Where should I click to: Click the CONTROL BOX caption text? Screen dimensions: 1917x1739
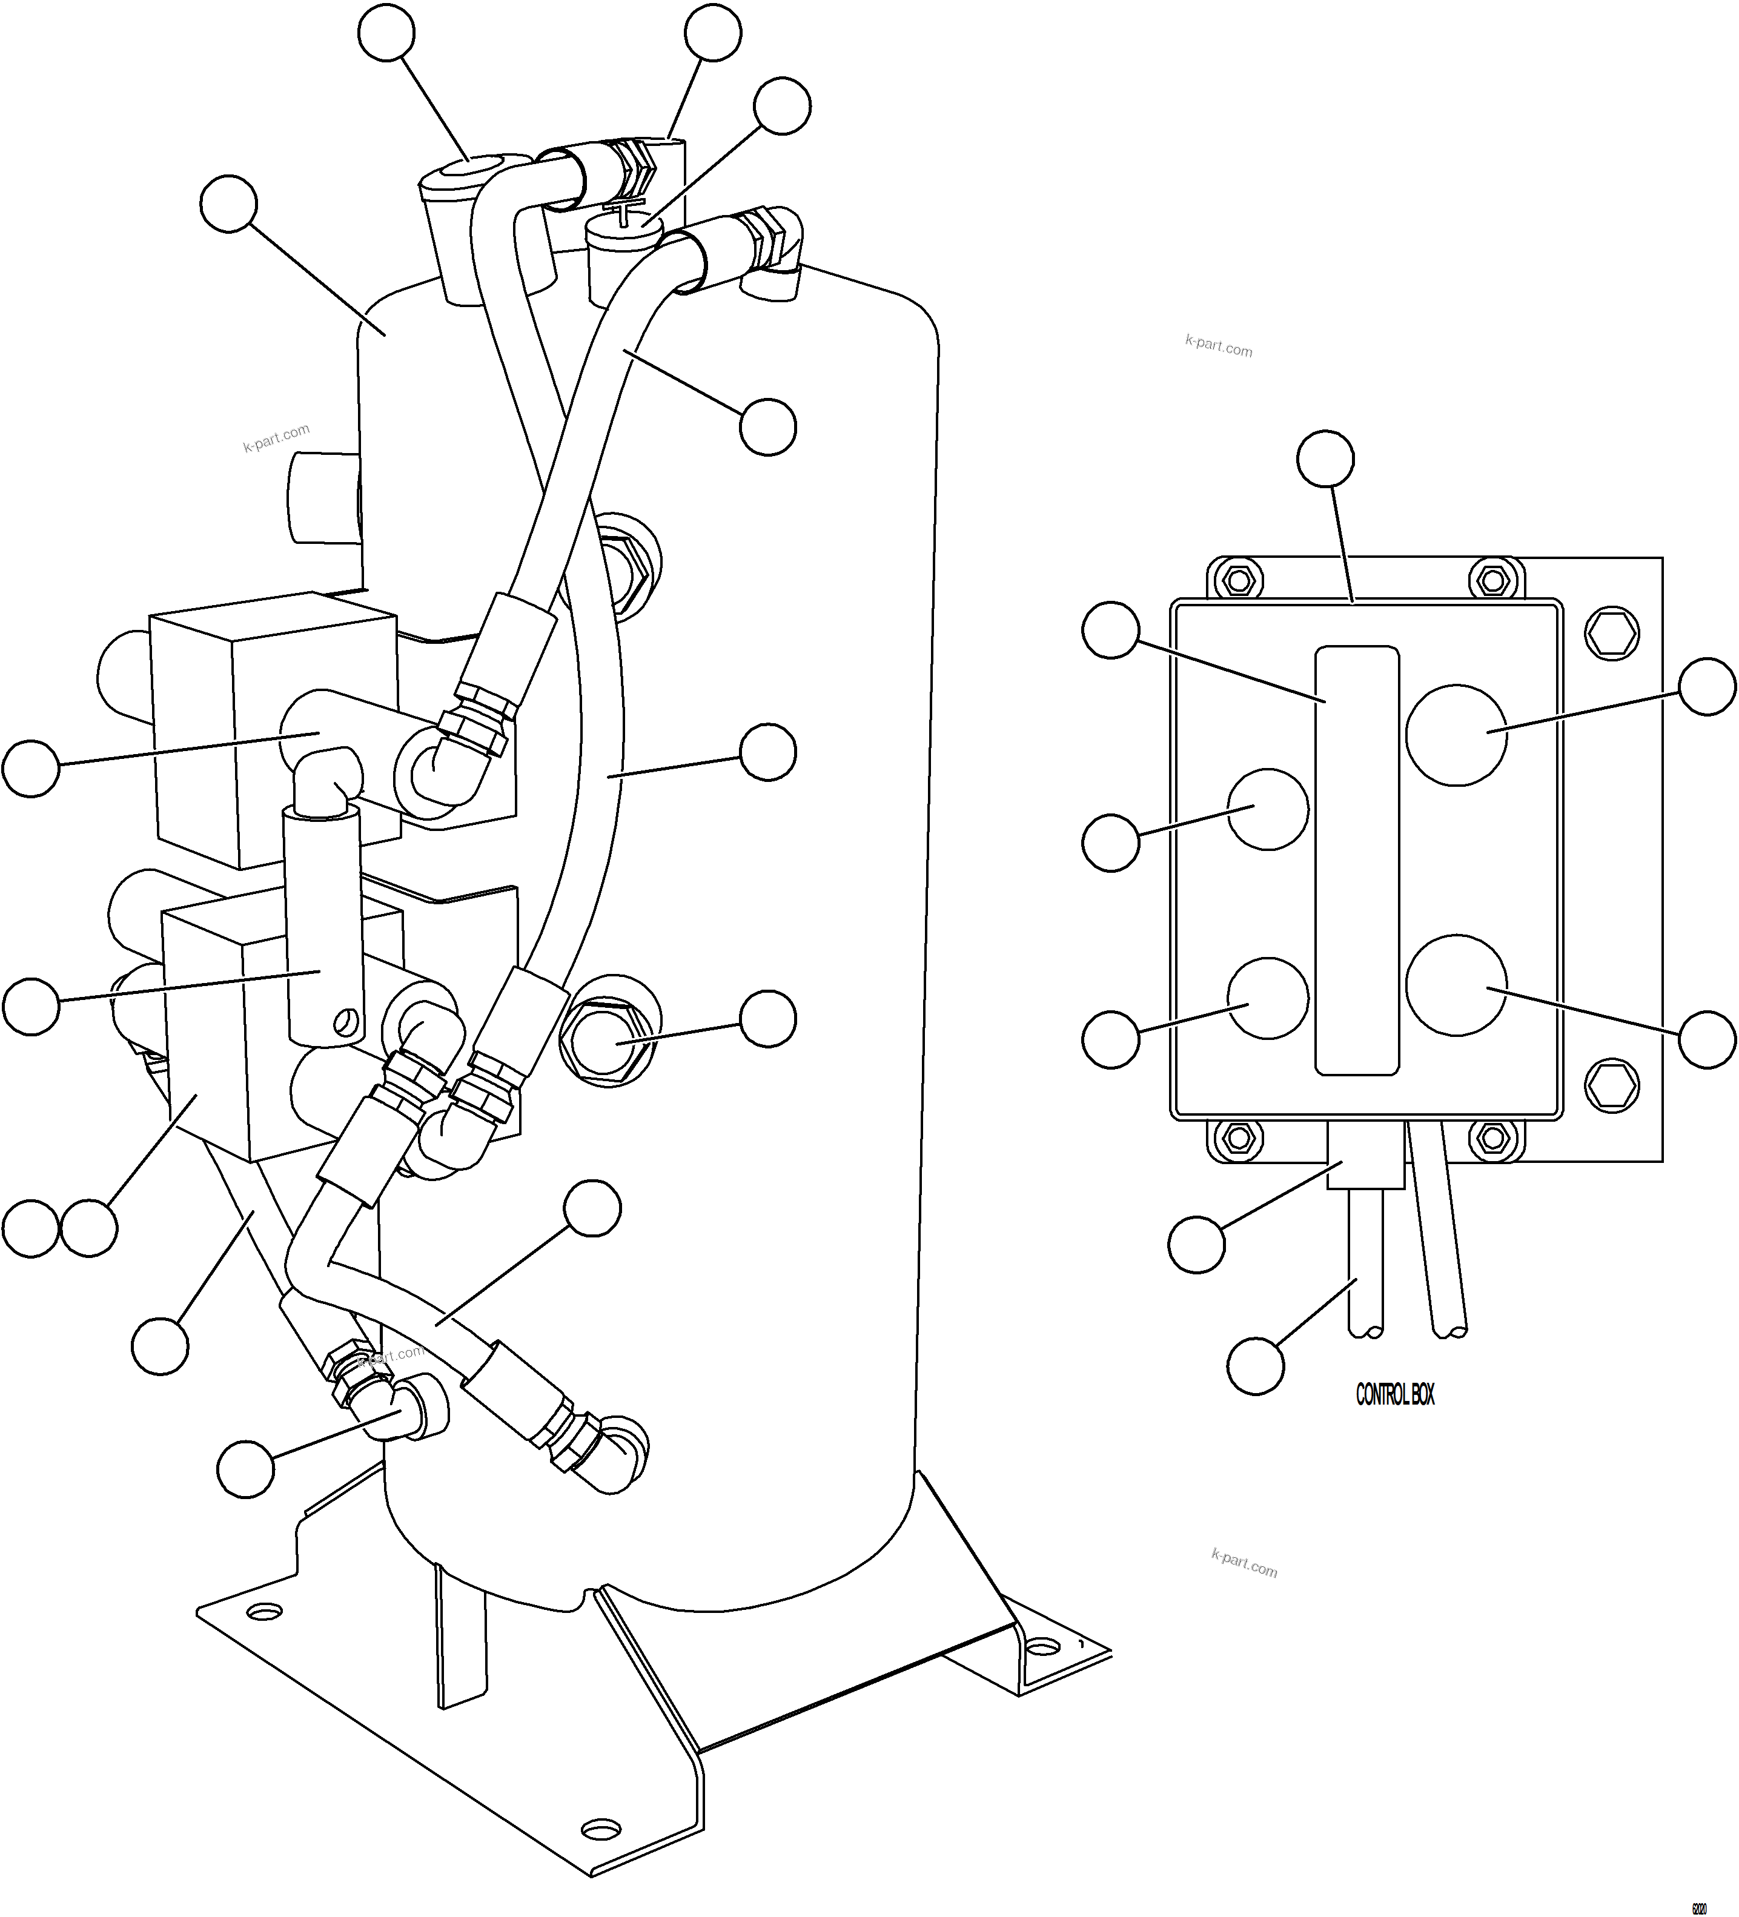coord(1395,1395)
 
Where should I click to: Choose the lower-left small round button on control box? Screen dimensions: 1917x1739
coord(1268,996)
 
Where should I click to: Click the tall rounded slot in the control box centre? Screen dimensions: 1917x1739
coord(1357,861)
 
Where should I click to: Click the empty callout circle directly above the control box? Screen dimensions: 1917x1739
coord(1325,459)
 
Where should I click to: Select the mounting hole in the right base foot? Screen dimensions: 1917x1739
coord(1044,1643)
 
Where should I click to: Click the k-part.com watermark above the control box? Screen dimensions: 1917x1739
coord(1218,346)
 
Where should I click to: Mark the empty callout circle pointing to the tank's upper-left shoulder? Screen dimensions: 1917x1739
coord(229,204)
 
